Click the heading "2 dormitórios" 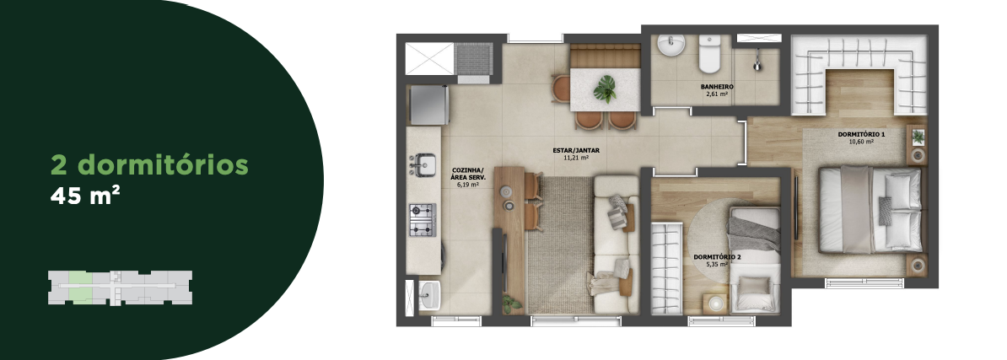(x=149, y=165)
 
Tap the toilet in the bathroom (x=709, y=54)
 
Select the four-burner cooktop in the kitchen (x=423, y=219)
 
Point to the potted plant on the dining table (x=605, y=89)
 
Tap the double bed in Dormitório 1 (x=870, y=209)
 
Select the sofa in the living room (x=615, y=244)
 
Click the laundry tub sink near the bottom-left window (x=429, y=294)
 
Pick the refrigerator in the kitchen (x=429, y=105)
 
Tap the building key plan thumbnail (x=120, y=287)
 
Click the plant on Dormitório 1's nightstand (x=918, y=136)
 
